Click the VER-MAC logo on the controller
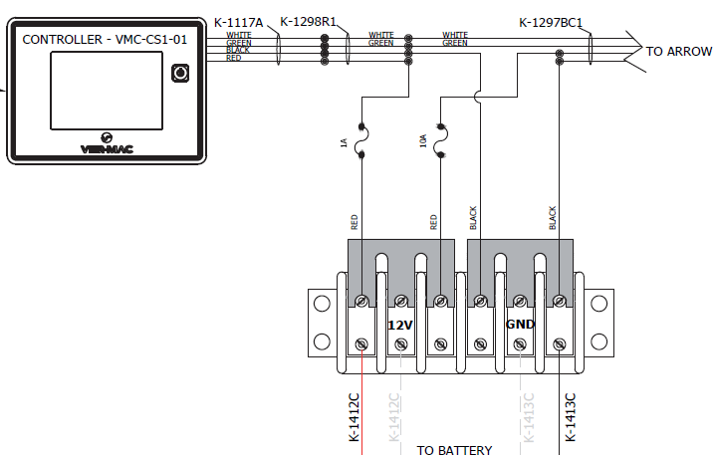(106, 145)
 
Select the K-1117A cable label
(239, 21)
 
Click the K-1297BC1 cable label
(551, 22)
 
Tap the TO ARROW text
(679, 52)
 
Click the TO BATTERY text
(454, 450)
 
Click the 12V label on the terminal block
(399, 325)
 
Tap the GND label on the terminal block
(521, 325)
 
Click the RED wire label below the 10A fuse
(433, 221)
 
